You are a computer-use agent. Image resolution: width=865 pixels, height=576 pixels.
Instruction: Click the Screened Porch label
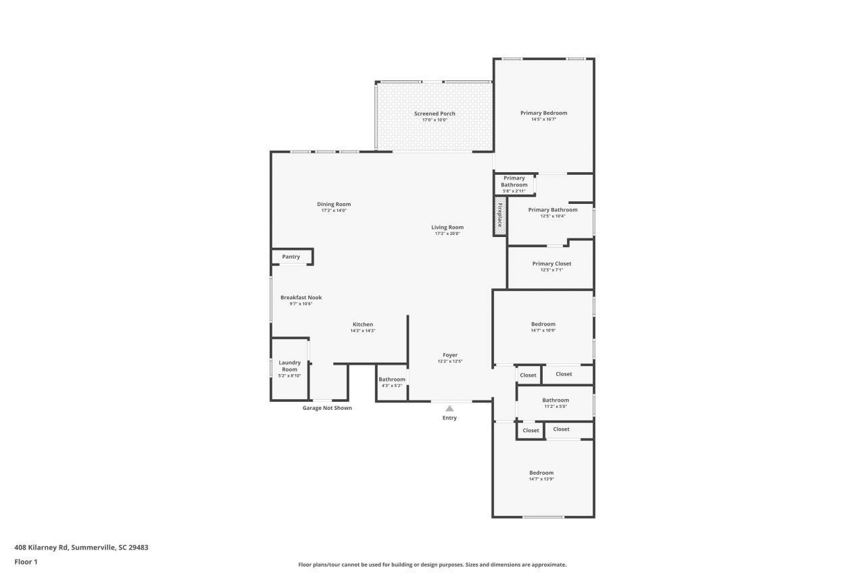coord(435,113)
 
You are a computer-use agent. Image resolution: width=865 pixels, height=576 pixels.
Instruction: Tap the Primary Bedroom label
coord(543,113)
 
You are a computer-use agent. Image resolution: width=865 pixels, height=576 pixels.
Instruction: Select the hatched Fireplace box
coord(500,216)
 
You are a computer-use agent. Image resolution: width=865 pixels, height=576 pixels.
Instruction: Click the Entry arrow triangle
coord(449,408)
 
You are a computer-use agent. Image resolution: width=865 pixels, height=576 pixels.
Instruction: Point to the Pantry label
coord(291,257)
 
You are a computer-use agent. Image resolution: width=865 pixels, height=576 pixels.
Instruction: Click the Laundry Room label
coord(289,366)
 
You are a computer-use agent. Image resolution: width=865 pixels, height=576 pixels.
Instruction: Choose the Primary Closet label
coord(551,263)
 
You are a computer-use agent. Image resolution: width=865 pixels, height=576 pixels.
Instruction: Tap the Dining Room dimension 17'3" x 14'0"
coord(334,211)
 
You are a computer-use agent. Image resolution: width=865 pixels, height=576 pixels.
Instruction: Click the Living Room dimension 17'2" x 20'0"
coord(447,234)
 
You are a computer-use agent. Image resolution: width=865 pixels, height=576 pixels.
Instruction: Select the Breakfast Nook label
coord(301,297)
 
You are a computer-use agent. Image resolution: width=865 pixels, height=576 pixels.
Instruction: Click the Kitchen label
coord(362,324)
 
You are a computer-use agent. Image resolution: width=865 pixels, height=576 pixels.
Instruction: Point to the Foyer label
coord(450,355)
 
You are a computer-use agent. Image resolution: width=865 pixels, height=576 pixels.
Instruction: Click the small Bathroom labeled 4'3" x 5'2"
coord(391,382)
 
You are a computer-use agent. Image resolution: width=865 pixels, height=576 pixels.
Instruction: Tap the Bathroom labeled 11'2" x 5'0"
coord(555,402)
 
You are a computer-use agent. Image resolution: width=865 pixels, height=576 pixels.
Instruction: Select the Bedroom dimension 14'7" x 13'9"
coord(541,479)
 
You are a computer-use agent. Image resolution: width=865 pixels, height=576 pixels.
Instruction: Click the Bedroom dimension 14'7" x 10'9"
coord(543,331)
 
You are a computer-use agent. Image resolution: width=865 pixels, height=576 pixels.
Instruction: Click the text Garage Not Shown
coord(327,408)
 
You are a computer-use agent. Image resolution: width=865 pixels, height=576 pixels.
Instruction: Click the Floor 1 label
coord(26,562)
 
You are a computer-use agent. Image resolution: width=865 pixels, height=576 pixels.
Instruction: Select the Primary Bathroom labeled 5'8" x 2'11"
coord(514,184)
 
